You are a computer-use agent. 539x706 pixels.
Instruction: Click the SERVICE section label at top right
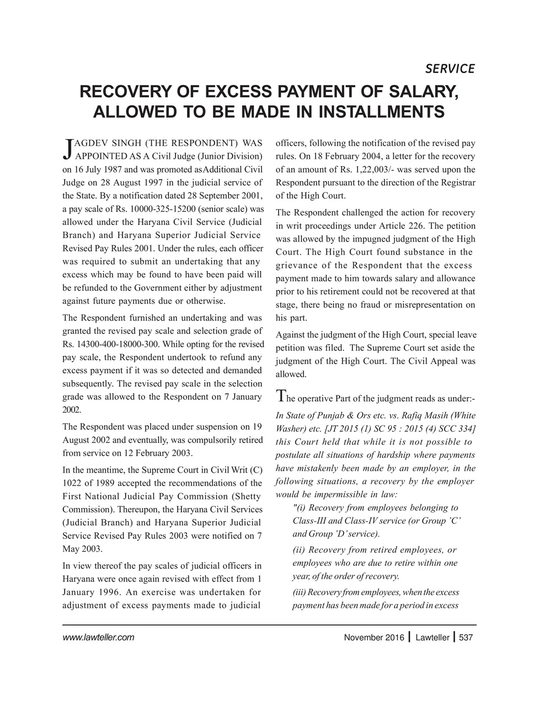coord(450,68)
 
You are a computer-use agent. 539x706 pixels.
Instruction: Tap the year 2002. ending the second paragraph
coord(72,410)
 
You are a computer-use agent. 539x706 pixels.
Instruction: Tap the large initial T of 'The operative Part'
coord(280,396)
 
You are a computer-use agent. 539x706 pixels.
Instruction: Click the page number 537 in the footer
coord(466,638)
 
